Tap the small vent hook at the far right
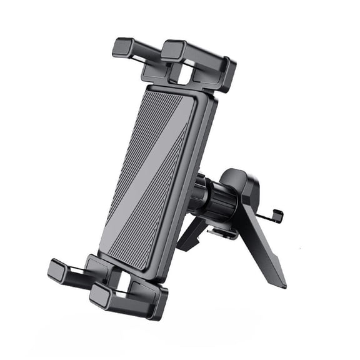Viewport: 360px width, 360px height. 275,216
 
